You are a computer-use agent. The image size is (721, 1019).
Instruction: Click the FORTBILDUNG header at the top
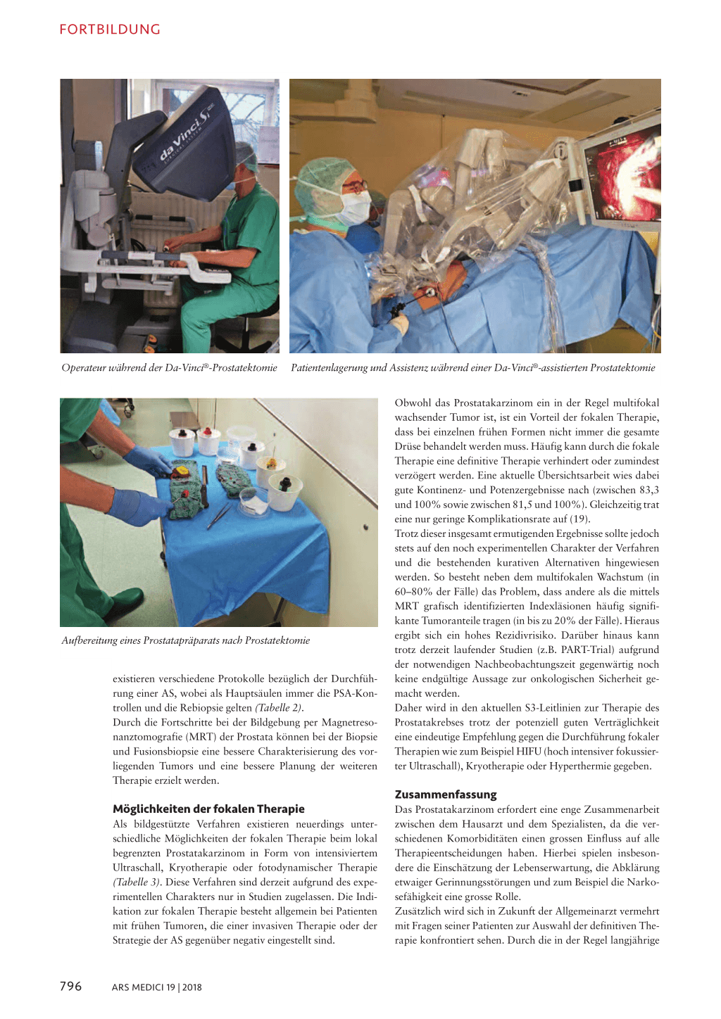pyautogui.click(x=110, y=30)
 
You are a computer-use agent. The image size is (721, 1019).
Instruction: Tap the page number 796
pyautogui.click(x=70, y=986)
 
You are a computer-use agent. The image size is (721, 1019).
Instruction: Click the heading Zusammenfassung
pyautogui.click(x=446, y=795)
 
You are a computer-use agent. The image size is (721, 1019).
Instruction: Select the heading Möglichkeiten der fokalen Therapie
pyautogui.click(x=208, y=809)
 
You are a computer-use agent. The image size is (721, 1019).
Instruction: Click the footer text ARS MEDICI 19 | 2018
pyautogui.click(x=156, y=987)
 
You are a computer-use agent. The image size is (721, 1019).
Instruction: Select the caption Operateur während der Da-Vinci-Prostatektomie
pyautogui.click(x=169, y=367)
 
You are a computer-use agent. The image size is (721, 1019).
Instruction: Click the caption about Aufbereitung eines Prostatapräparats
pyautogui.click(x=185, y=640)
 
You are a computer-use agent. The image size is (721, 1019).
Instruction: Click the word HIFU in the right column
pyautogui.click(x=529, y=752)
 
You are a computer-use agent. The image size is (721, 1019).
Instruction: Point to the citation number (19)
pyautogui.click(x=579, y=519)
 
